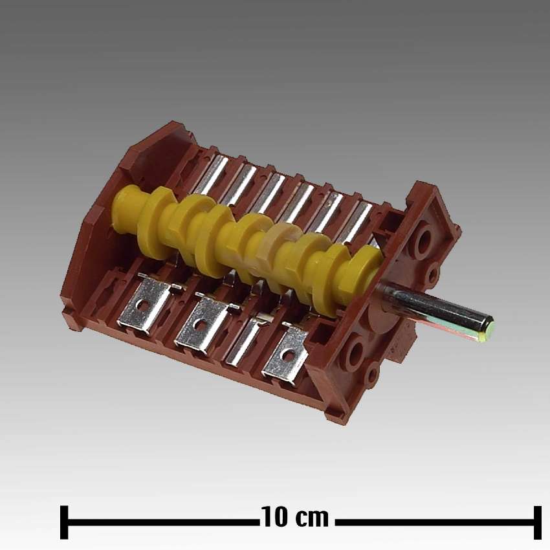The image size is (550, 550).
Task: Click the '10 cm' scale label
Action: tap(295, 518)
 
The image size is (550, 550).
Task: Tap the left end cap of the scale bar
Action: tap(64, 522)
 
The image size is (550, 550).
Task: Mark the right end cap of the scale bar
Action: tap(537, 522)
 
